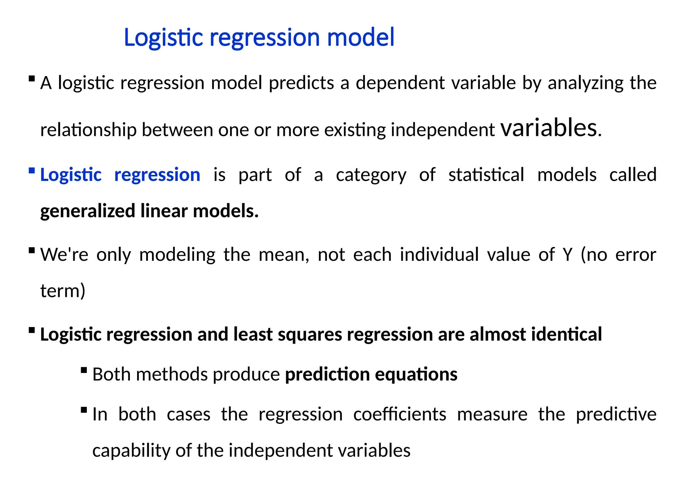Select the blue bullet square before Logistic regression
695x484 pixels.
tap(32, 171)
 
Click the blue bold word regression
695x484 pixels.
tap(157, 175)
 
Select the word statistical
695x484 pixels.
tap(486, 175)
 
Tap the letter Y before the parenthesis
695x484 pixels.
tap(567, 255)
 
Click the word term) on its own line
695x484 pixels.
tap(63, 291)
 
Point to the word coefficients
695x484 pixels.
tap(399, 415)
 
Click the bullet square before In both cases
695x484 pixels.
tap(84, 410)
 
